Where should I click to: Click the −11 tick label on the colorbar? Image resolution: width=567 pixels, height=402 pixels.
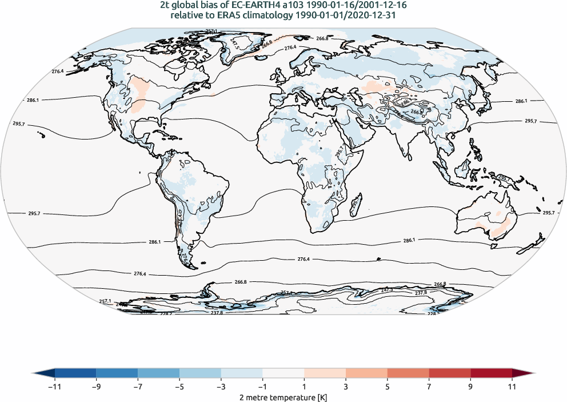[55, 387]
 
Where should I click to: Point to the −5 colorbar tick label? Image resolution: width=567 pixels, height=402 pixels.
[179, 387]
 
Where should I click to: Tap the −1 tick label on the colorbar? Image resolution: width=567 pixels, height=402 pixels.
[262, 387]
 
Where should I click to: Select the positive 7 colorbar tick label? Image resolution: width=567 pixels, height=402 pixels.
[429, 387]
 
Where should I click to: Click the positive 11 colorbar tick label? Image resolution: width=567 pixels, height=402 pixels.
[512, 387]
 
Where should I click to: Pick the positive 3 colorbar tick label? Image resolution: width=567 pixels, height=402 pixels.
[346, 387]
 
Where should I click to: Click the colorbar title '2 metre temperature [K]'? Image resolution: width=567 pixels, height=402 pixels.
[283, 397]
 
